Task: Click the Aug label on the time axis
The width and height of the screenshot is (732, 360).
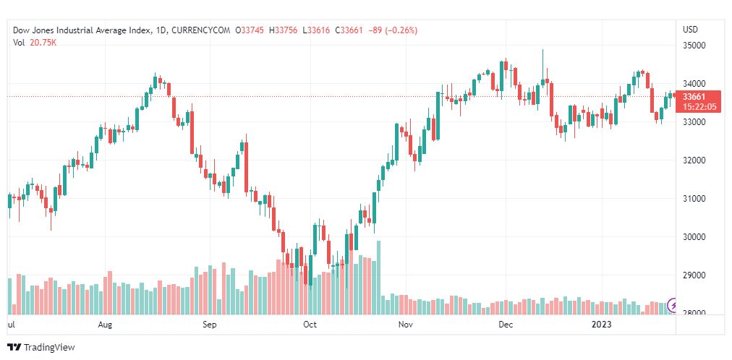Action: coord(106,325)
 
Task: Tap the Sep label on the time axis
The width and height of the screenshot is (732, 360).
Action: coord(209,325)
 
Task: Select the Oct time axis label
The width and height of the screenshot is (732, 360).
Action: coord(310,325)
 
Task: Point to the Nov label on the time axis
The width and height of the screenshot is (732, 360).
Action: coord(406,325)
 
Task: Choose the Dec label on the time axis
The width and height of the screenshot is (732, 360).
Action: coord(506,325)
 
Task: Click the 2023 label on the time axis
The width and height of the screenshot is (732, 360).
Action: coord(602,325)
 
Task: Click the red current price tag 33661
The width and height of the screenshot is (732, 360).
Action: coord(699,97)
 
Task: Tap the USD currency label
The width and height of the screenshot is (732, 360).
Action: coord(690,30)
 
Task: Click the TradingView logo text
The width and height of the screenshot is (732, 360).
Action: coord(48,348)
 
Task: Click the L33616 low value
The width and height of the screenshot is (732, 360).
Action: coord(318,30)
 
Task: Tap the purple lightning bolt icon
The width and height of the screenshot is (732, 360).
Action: coord(673,305)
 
